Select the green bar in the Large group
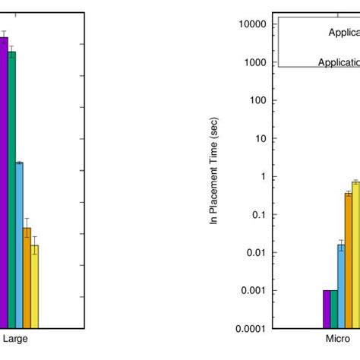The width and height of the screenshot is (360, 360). point(11,190)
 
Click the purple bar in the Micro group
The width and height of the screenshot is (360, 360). point(327,309)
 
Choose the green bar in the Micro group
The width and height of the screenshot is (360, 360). point(333,309)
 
